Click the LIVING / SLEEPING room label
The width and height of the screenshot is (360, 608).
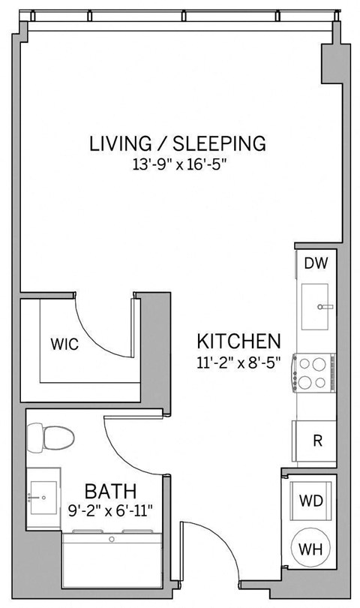point(178,142)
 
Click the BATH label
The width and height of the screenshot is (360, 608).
point(110,492)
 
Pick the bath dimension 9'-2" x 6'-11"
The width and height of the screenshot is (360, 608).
point(110,511)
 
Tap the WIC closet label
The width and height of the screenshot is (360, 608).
point(65,345)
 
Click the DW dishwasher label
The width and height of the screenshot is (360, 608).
point(316,263)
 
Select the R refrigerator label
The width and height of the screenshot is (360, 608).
point(316,441)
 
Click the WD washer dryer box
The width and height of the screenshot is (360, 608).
point(310,500)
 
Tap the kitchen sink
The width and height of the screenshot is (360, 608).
point(318,307)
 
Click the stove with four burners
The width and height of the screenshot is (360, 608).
point(315,372)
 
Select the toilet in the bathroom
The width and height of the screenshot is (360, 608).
point(50,436)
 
